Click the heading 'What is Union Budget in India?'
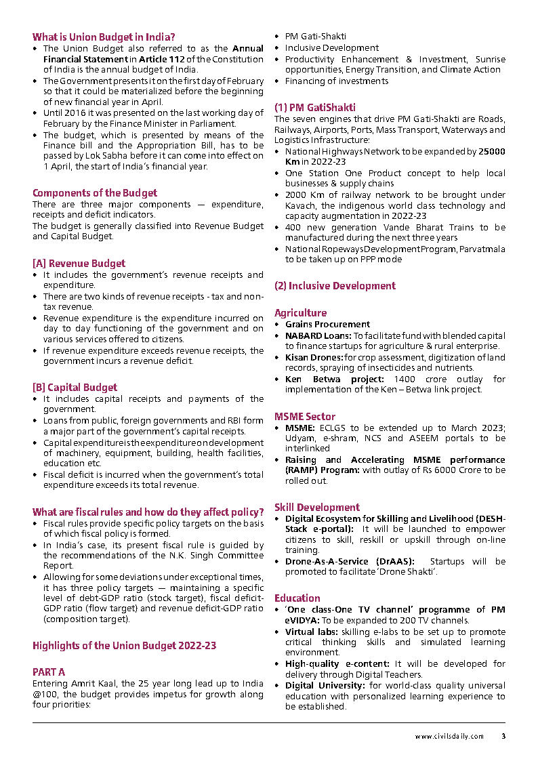104,37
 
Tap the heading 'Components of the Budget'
95,193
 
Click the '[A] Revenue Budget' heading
79,263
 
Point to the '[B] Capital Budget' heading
75,388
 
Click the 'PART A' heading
49,672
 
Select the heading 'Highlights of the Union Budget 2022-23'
124,646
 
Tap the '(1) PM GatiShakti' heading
314,108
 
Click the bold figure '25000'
491,151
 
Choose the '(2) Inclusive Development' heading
335,286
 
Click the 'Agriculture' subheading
300,313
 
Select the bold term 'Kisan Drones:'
314,357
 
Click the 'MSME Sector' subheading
305,416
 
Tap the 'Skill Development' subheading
317,508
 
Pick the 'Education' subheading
297,598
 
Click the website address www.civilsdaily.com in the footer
449,736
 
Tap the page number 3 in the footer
503,736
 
